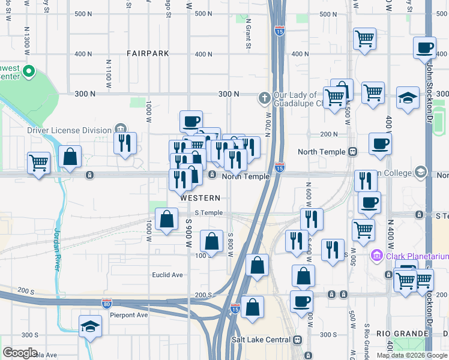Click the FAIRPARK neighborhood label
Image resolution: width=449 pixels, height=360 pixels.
click(148, 53)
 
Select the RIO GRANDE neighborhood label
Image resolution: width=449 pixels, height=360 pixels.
click(402, 333)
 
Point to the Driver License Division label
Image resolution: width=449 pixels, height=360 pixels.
click(69, 130)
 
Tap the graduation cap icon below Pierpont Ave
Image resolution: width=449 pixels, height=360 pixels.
click(90, 326)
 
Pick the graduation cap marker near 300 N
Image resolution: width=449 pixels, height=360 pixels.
click(408, 97)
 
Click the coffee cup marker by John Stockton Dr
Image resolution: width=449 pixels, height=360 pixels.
click(425, 47)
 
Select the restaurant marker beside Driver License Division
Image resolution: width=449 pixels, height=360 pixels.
click(125, 143)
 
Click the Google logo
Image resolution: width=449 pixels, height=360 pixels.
click(20, 352)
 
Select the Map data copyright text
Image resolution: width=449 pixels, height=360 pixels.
click(412, 355)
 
